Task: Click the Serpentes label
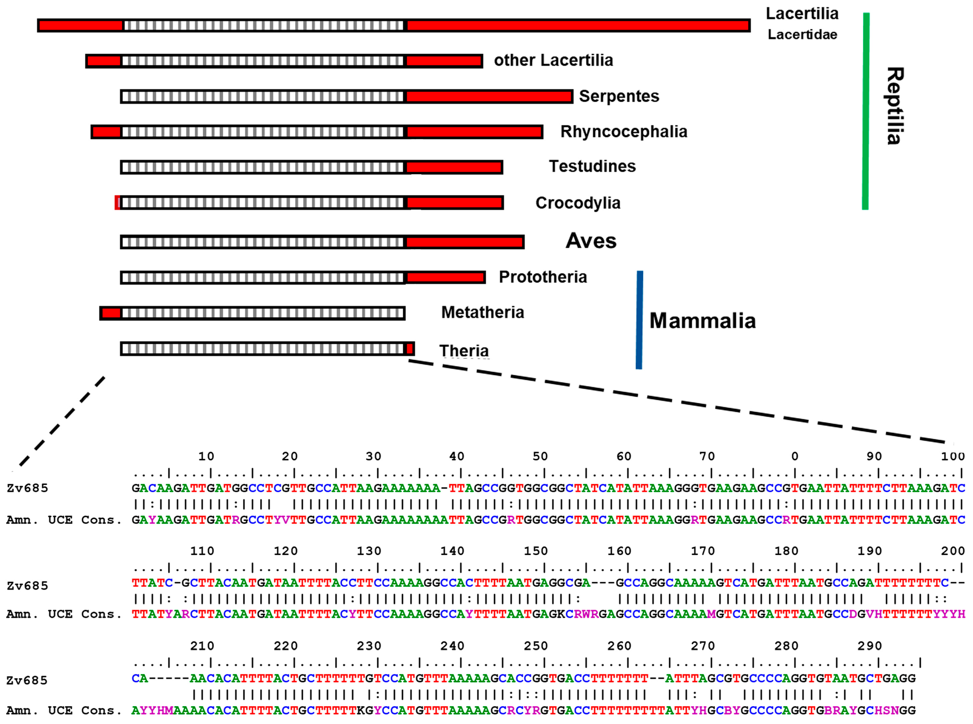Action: coord(619,96)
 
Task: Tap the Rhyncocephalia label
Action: coord(624,132)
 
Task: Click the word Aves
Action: coord(591,241)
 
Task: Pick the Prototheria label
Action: coord(543,277)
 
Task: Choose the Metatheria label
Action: coord(482,312)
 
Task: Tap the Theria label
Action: coord(464,351)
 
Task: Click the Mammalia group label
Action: coord(702,320)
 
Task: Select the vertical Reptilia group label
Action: coord(894,106)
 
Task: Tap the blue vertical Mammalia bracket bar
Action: coord(639,320)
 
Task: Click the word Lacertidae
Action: coord(802,35)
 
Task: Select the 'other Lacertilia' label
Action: coord(553,60)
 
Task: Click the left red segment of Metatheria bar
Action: coord(111,313)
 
